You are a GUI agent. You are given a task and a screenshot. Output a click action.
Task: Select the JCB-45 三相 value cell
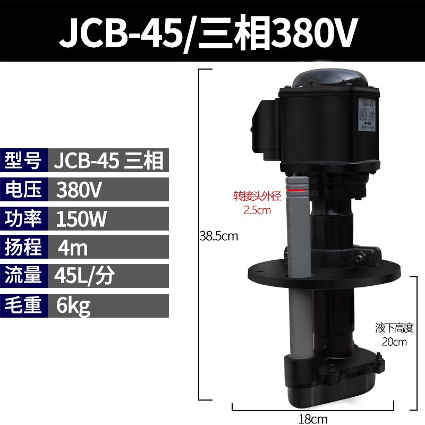(x=109, y=160)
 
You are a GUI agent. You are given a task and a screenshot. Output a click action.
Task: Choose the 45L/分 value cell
(x=84, y=276)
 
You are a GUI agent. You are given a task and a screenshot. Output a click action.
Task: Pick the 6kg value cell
(x=73, y=306)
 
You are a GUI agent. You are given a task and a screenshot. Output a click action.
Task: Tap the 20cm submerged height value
(x=394, y=342)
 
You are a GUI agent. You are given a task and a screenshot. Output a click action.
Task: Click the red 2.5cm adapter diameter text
(x=257, y=209)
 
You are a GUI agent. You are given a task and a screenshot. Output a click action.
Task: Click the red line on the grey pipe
(x=297, y=189)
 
